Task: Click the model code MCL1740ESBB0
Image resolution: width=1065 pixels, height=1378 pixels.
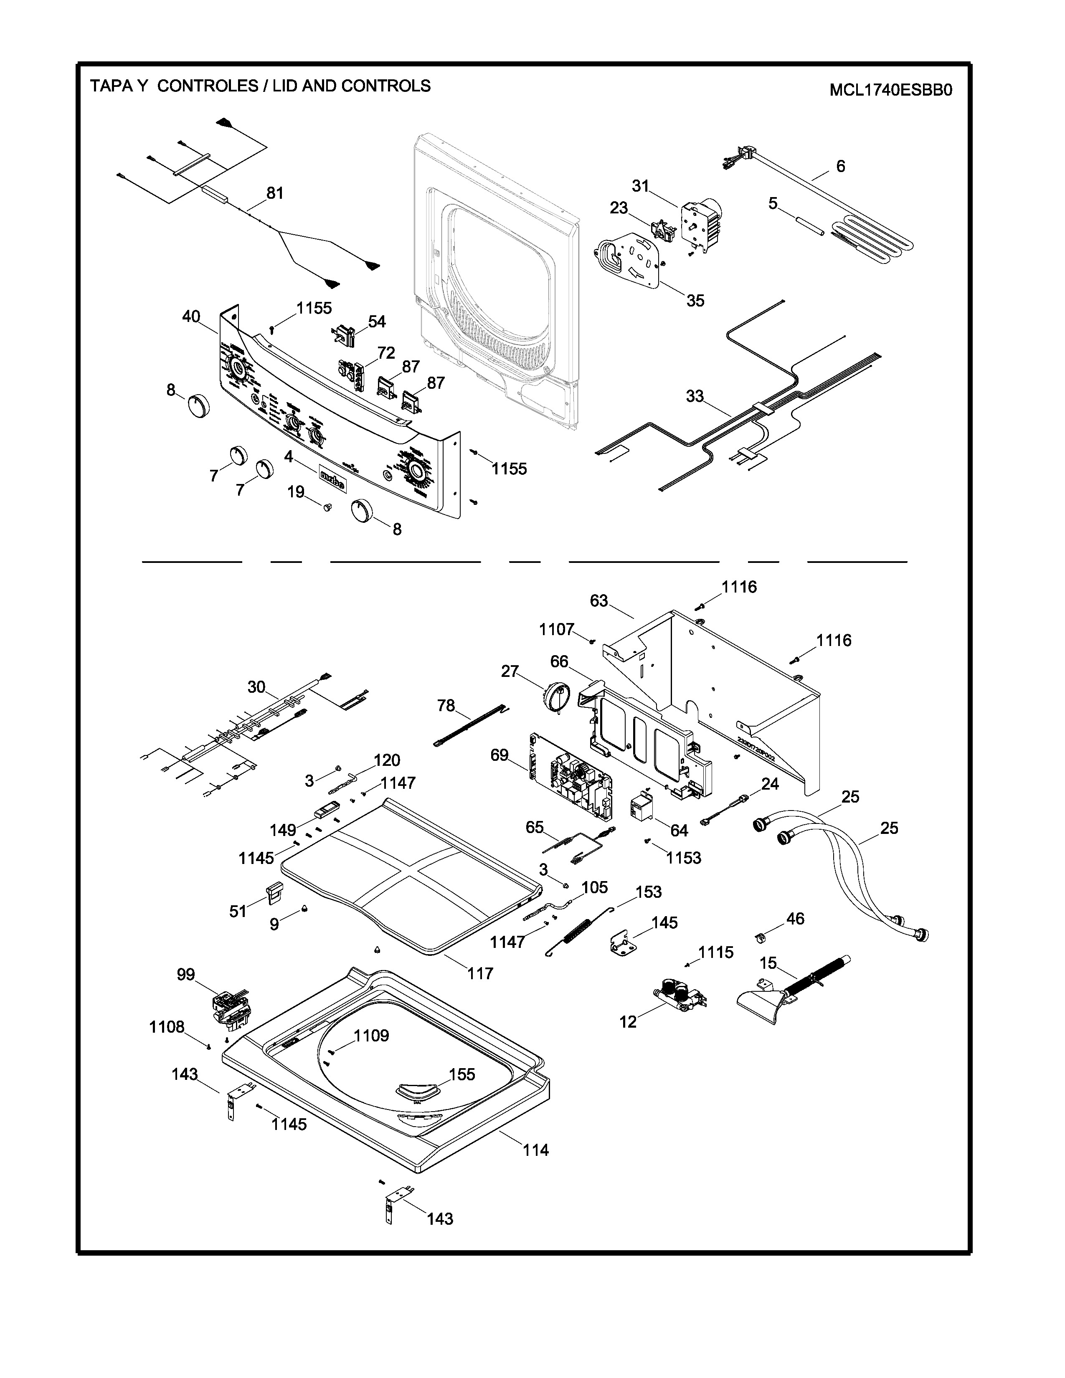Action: tap(890, 90)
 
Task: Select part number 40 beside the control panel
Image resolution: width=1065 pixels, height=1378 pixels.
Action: tap(191, 317)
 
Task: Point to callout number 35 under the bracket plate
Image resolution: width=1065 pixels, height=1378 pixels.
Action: tap(695, 300)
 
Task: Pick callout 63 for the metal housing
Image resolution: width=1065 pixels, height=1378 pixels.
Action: tap(599, 600)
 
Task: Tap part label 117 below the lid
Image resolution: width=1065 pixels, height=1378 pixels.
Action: tap(480, 973)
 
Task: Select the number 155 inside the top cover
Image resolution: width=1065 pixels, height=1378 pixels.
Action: tap(462, 1074)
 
